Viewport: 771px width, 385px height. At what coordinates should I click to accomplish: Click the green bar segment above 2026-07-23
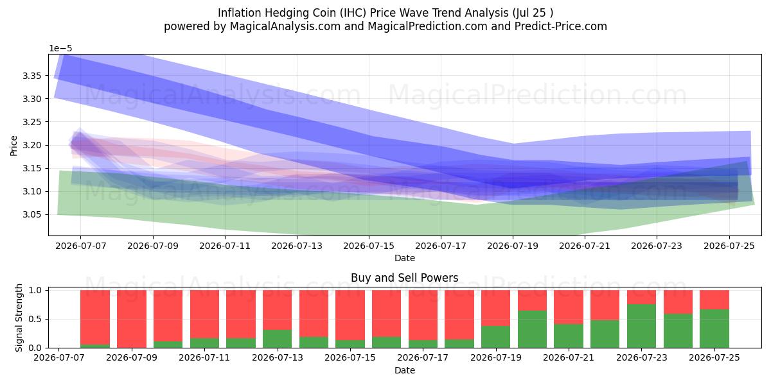coord(642,326)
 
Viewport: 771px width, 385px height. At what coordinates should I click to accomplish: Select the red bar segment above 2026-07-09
coord(132,319)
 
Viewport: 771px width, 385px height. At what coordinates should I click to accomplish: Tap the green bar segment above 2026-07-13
coord(277,339)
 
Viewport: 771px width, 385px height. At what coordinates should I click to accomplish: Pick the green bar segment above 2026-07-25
coord(714,329)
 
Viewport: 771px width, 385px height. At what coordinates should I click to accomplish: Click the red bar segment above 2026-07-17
coord(423,315)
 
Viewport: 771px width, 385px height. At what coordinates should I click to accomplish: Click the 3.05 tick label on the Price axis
coord(31,215)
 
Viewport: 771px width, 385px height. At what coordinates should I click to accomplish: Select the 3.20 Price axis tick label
coord(31,146)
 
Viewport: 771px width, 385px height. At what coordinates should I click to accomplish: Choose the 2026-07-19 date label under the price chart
coord(513,246)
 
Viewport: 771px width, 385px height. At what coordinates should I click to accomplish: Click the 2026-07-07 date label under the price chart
coord(80,246)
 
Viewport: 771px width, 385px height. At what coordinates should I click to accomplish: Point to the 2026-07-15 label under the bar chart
coord(350,357)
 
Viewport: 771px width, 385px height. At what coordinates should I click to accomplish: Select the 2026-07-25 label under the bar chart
coord(714,357)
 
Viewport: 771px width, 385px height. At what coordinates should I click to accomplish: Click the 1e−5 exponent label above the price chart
coord(60,49)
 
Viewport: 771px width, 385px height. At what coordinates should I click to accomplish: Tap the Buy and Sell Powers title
coord(404,278)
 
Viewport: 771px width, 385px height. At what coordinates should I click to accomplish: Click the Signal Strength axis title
coord(19,318)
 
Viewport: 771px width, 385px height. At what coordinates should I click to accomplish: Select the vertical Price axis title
coord(13,146)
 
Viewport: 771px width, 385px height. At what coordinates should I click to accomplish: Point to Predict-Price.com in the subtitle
coord(561,26)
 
